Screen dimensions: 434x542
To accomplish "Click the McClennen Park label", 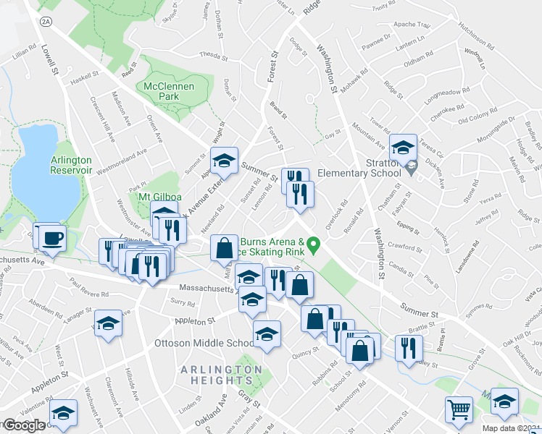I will coord(168,90).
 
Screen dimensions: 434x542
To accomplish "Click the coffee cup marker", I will coord(52,238).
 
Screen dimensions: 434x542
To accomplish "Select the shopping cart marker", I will coord(459,409).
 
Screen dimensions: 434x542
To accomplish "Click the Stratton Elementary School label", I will coord(359,167).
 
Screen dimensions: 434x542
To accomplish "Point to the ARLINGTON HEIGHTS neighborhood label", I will coord(222,375).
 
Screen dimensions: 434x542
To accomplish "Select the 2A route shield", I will coord(47,22).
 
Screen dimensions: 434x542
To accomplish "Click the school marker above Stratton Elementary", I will coord(401,148).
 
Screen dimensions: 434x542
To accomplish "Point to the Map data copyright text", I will coord(512,428).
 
